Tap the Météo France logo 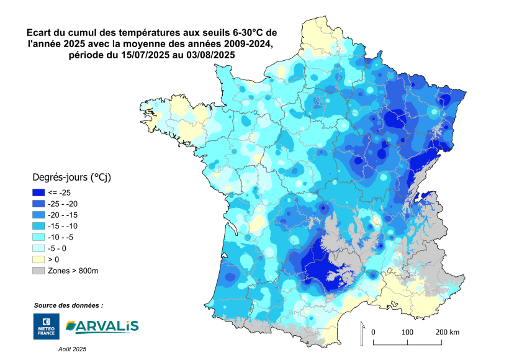pos(46,326)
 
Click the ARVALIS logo pos(102,326)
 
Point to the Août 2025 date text pos(72,349)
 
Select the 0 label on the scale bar pos(373,333)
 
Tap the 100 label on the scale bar pos(407,333)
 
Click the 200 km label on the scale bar pos(447,333)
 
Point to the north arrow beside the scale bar pos(362,334)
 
